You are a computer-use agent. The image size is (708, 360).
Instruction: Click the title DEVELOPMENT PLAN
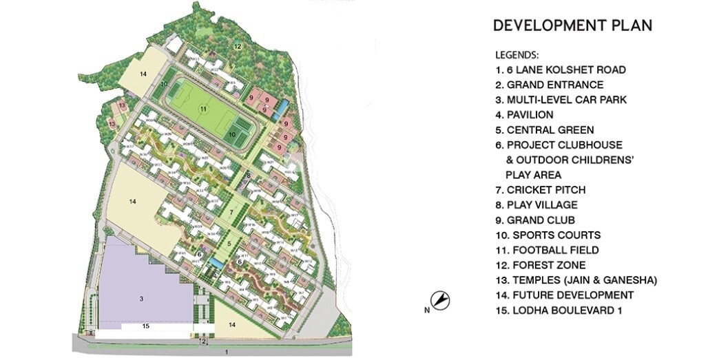[572, 26]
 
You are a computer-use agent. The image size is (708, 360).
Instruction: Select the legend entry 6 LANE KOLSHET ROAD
[560, 70]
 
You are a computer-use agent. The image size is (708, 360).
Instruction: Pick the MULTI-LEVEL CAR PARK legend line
[561, 100]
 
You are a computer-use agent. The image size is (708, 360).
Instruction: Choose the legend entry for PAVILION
[524, 115]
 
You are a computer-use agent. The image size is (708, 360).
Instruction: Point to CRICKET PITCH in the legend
[540, 190]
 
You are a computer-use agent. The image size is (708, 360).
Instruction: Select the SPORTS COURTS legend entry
[548, 235]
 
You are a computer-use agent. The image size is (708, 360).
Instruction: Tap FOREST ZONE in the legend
[540, 265]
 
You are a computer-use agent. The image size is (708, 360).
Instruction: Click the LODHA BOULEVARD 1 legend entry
[559, 310]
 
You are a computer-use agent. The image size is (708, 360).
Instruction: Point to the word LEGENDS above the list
[517, 55]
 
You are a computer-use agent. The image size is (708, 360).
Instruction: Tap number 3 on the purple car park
[140, 298]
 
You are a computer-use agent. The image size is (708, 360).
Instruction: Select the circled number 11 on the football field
[203, 109]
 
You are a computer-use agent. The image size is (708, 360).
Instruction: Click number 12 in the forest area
[236, 47]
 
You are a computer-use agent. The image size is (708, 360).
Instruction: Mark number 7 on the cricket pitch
[232, 212]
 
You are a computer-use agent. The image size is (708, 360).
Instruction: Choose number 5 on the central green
[229, 244]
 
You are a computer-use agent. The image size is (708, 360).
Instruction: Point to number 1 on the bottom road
[227, 352]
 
